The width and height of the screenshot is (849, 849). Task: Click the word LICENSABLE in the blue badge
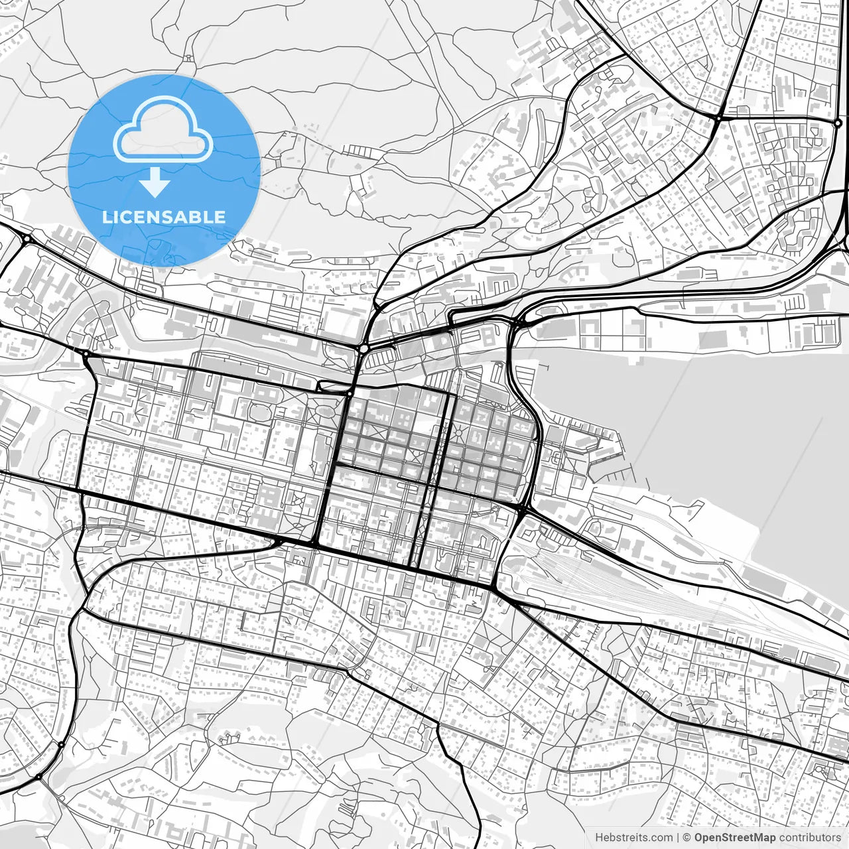point(164,217)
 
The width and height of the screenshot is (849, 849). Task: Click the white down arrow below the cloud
point(155,183)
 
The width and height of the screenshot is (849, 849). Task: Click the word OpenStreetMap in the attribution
point(735,838)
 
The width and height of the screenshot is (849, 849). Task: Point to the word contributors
point(809,838)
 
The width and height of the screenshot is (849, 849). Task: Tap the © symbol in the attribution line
point(688,838)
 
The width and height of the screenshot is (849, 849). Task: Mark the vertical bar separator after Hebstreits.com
point(678,838)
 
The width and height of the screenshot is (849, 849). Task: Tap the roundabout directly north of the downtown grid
point(364,348)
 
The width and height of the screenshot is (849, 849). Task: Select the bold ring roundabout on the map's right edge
point(838,123)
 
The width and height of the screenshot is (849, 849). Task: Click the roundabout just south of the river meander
point(85,354)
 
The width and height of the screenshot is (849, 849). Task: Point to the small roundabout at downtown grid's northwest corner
point(350,393)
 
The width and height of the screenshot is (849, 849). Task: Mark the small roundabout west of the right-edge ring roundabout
point(718,118)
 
